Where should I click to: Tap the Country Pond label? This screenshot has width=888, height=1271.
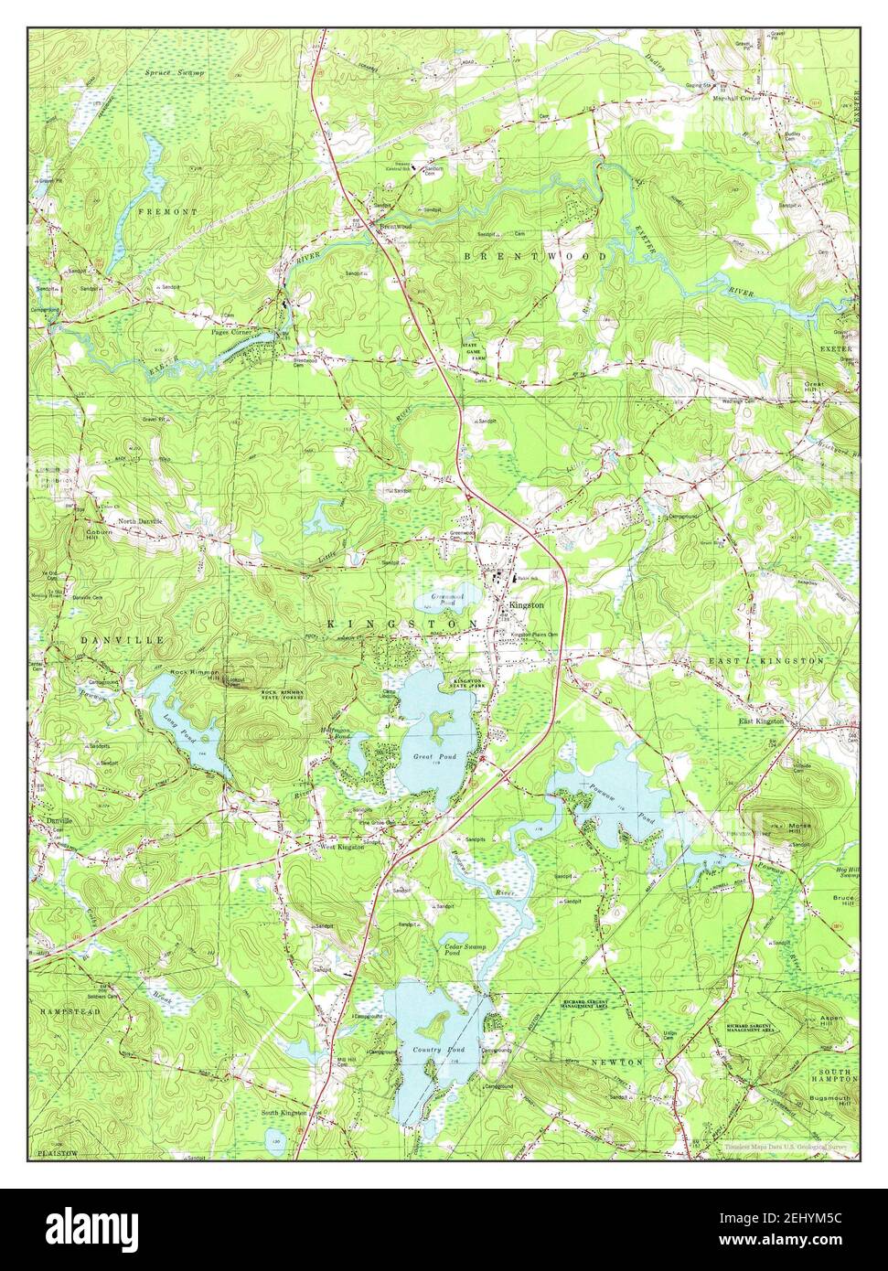pyautogui.click(x=439, y=1050)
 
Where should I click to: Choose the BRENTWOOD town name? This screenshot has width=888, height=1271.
pyautogui.click(x=534, y=257)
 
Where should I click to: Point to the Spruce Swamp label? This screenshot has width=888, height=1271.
pyautogui.click(x=175, y=71)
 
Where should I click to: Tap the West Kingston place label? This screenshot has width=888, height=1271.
pyautogui.click(x=340, y=847)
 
